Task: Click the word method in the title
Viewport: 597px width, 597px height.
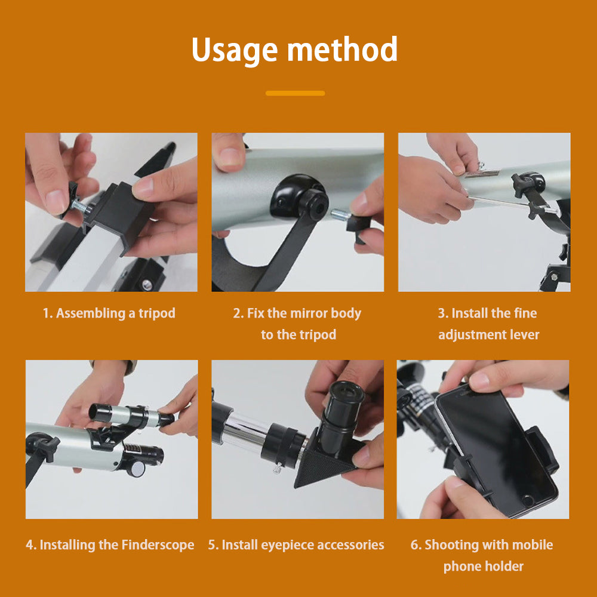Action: point(342,49)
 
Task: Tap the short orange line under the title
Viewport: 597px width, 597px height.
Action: point(295,93)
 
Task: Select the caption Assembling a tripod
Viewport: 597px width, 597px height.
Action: point(116,313)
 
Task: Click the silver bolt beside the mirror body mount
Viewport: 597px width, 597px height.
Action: point(340,215)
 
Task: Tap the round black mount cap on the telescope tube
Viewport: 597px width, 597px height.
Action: point(299,198)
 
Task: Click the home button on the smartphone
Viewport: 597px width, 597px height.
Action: point(527,500)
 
